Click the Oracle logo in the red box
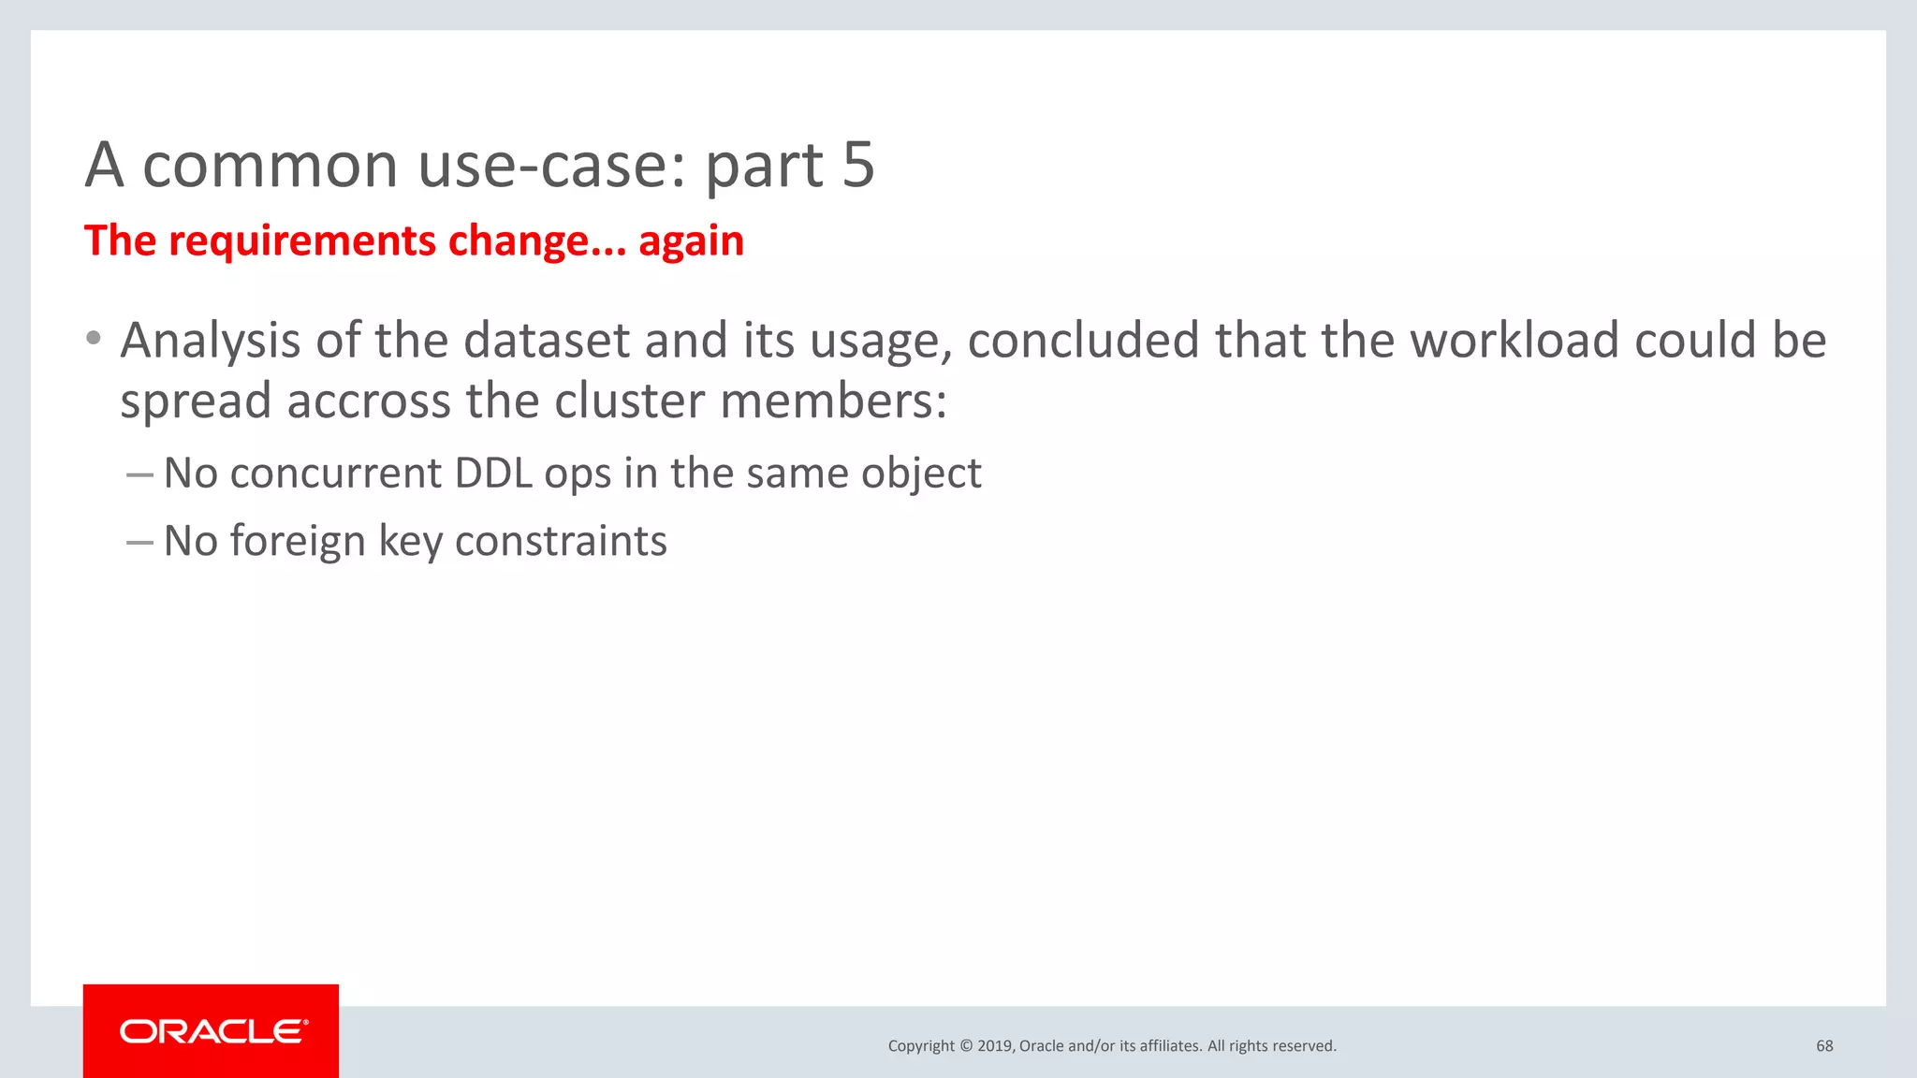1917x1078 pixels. pyautogui.click(x=212, y=1031)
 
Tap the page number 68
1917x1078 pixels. pyautogui.click(x=1824, y=1046)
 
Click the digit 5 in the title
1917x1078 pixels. pyautogui.click(x=857, y=165)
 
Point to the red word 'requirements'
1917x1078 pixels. pyautogui.click(x=302, y=241)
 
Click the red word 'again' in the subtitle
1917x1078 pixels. pyautogui.click(x=691, y=241)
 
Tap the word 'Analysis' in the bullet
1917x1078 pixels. pyautogui.click(x=210, y=341)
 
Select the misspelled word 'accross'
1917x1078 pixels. pyautogui.click(x=369, y=401)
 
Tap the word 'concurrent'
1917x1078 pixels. pyautogui.click(x=335, y=473)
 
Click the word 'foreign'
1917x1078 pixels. pyautogui.click(x=297, y=542)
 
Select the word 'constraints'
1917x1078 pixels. pyautogui.click(x=561, y=542)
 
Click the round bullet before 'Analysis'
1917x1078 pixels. pyautogui.click(x=93, y=338)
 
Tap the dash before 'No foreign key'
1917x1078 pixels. pyautogui.click(x=139, y=542)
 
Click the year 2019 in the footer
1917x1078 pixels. pyautogui.click(x=994, y=1046)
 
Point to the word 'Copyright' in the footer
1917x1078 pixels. pyautogui.click(x=921, y=1046)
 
